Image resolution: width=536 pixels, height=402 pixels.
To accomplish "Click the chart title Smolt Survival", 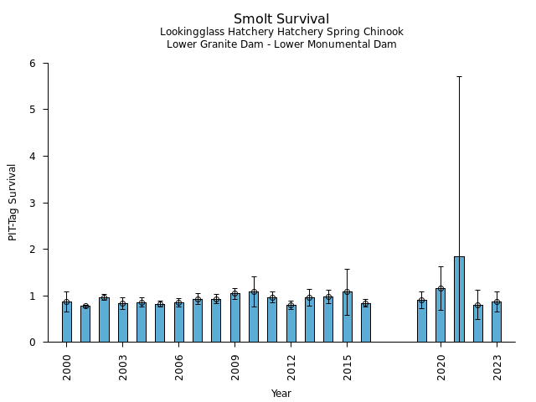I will pos(281,18).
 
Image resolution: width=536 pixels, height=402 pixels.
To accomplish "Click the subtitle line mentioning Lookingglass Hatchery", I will pos(281,32).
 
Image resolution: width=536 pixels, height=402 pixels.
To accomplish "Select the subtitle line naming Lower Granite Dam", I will pos(281,44).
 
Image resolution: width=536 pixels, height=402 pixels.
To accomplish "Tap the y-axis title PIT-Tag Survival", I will pos(13,202).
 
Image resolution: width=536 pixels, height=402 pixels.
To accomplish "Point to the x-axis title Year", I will pos(281,393).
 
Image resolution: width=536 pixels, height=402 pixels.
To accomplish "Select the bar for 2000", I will pos(66,322).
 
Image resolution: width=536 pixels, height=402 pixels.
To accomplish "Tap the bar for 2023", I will pos(497,322).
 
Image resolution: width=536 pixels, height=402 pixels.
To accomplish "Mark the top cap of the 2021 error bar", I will pos(459,76).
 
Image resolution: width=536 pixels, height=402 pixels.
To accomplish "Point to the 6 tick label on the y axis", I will pos(32,64).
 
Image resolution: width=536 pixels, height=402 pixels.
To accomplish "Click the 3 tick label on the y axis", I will pos(32,203).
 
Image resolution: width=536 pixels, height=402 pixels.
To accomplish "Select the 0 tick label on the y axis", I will pos(32,343).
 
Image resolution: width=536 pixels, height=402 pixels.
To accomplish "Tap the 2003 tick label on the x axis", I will pos(123,367).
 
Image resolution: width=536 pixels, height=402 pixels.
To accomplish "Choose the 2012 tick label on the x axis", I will pos(291,367).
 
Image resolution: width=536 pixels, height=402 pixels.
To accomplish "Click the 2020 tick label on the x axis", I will pos(441,367).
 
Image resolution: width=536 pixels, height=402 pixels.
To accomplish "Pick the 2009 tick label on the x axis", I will pos(235,367).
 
